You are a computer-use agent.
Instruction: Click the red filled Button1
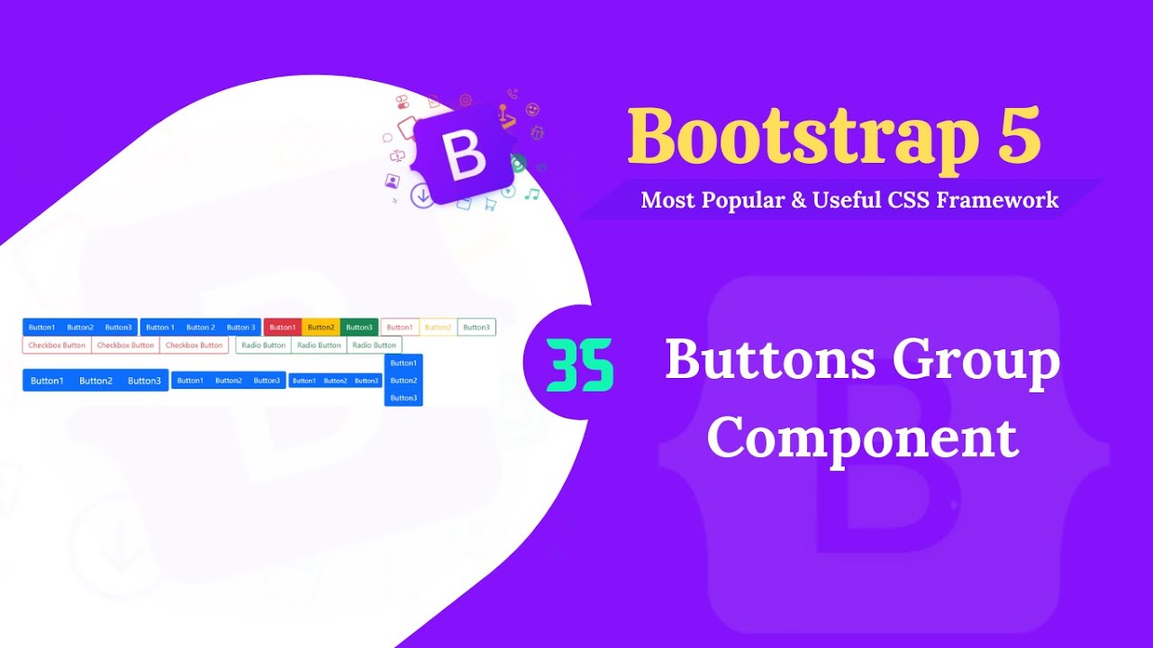click(x=282, y=328)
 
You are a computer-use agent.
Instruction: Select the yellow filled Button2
click(x=321, y=328)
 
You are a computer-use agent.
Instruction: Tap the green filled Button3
click(x=359, y=328)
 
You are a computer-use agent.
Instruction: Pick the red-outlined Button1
click(x=400, y=328)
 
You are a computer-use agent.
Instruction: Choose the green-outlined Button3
click(x=477, y=328)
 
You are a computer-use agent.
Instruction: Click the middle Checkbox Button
click(x=125, y=346)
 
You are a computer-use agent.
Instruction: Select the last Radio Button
click(x=374, y=346)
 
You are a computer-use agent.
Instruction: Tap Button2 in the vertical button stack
click(x=404, y=381)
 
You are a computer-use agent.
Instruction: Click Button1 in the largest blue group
click(x=47, y=381)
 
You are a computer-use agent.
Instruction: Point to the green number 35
click(x=579, y=365)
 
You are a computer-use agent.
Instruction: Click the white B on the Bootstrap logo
click(x=466, y=156)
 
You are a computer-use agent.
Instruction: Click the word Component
click(x=862, y=438)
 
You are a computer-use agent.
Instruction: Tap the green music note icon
click(x=532, y=193)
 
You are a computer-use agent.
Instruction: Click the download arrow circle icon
click(x=422, y=195)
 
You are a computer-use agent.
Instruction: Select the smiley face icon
click(x=532, y=110)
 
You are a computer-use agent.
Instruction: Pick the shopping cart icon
click(x=490, y=204)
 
